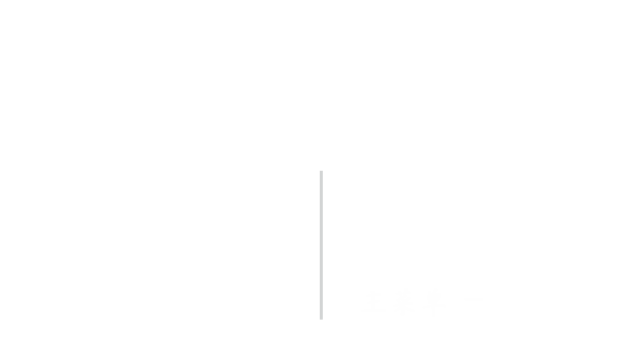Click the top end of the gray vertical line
click(x=321, y=172)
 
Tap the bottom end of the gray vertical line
click(x=321, y=318)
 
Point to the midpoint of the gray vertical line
click(x=321, y=245)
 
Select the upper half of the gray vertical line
click(x=321, y=208)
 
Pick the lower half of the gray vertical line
click(x=321, y=282)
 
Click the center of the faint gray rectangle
click(x=421, y=302)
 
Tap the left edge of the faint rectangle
click(x=361, y=302)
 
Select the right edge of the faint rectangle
click(x=482, y=302)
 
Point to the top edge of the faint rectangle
click(x=421, y=289)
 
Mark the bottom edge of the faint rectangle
click(x=421, y=316)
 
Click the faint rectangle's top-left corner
click(x=361, y=289)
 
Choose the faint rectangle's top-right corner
click(x=482, y=289)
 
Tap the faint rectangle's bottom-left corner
click(x=361, y=316)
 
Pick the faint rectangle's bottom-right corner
click(x=482, y=316)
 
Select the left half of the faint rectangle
click(x=391, y=302)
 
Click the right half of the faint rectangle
click(x=452, y=302)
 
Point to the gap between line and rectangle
click(x=341, y=302)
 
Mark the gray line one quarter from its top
click(x=321, y=208)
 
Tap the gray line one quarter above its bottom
click(x=321, y=282)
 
